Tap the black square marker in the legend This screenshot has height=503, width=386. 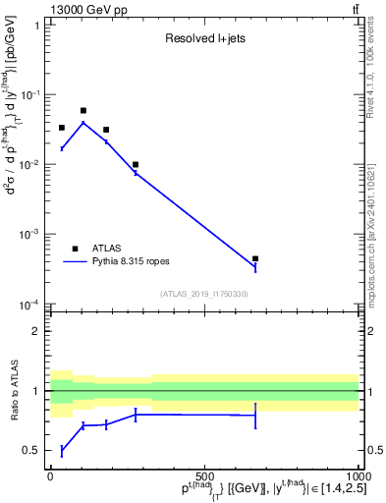(x=76, y=249)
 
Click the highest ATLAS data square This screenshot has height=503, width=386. (x=83, y=111)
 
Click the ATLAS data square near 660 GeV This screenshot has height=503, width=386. (x=255, y=259)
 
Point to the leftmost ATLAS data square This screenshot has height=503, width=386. (x=62, y=128)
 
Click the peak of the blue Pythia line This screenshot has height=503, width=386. (x=83, y=123)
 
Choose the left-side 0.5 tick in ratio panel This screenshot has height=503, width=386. (x=32, y=451)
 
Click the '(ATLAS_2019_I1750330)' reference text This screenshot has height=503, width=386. (x=203, y=294)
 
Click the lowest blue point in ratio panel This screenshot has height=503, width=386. (x=62, y=450)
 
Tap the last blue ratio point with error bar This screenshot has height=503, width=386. (x=255, y=416)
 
